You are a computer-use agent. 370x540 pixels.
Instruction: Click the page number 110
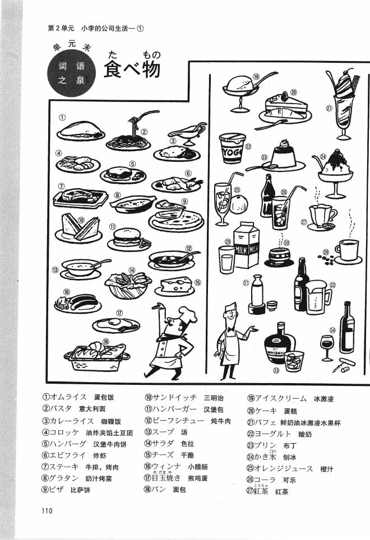pyautogui.click(x=47, y=510)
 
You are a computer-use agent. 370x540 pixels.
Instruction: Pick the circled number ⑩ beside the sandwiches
pyautogui.click(x=81, y=220)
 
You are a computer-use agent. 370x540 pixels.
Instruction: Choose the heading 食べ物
pyautogui.click(x=132, y=69)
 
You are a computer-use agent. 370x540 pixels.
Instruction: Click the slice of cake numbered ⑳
pyautogui.click(x=284, y=104)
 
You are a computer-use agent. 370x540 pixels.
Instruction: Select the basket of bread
pyautogui.click(x=95, y=356)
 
